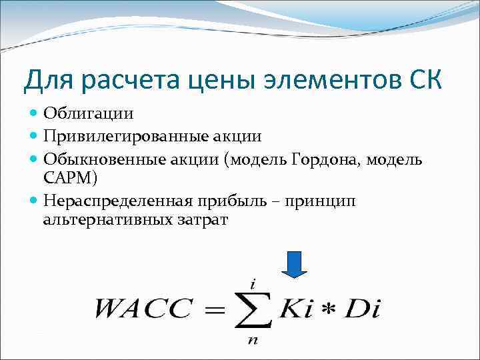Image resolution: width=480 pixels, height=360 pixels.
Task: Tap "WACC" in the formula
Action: point(143,309)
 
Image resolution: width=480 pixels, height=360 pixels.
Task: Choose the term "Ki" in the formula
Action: point(295,309)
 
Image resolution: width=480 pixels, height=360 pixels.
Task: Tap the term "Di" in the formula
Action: point(363,309)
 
